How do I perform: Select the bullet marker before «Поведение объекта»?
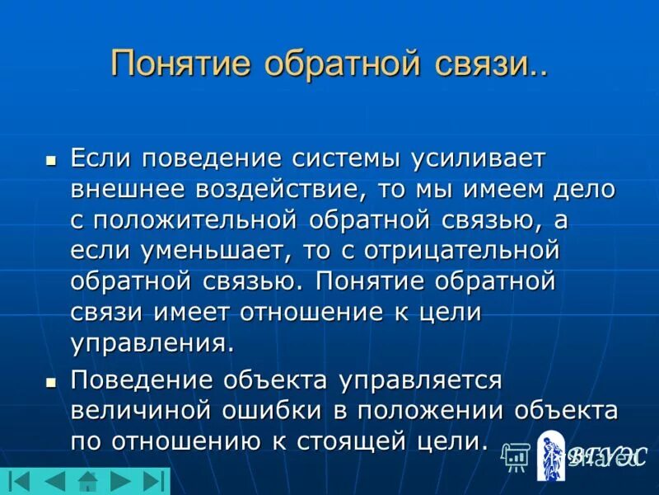tap(51, 383)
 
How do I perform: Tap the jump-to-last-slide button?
tap(153, 481)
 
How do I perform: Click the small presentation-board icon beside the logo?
tap(516, 455)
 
